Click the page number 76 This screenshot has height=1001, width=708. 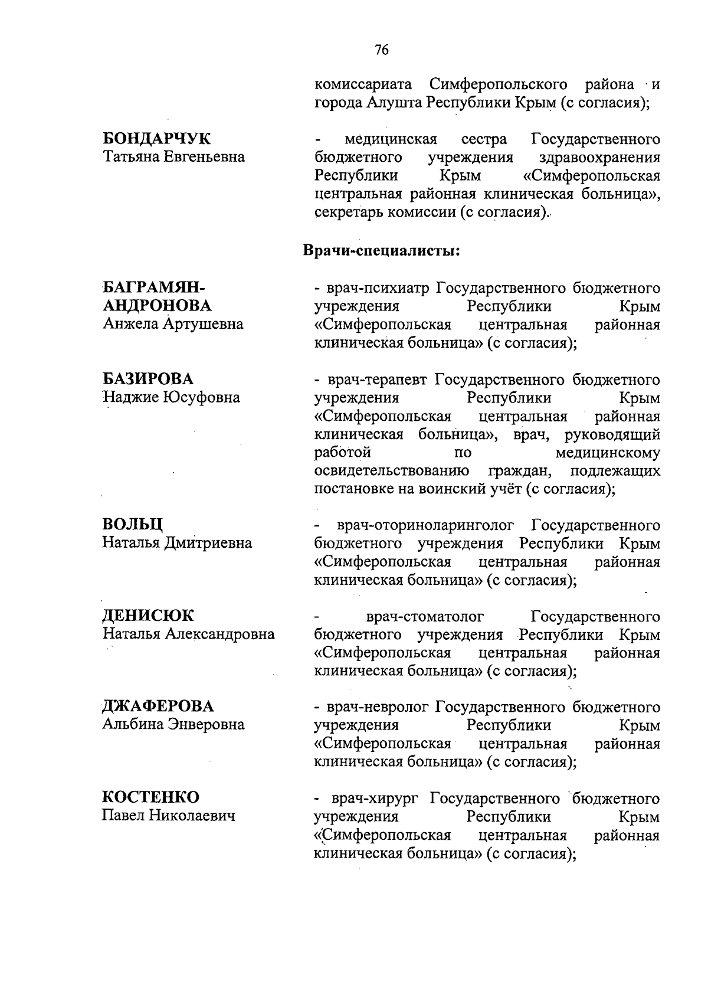point(382,50)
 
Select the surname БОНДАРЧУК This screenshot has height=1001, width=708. point(157,139)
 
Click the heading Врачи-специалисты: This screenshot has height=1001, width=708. point(381,250)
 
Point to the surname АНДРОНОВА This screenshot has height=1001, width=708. point(157,306)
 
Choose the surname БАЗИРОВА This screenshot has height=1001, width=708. point(148,379)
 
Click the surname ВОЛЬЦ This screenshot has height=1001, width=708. point(133,525)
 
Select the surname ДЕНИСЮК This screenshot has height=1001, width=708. point(148,616)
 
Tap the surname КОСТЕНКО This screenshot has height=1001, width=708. point(151,797)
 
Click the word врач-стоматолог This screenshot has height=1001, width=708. point(425,617)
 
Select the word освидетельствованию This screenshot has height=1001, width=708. point(392,471)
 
